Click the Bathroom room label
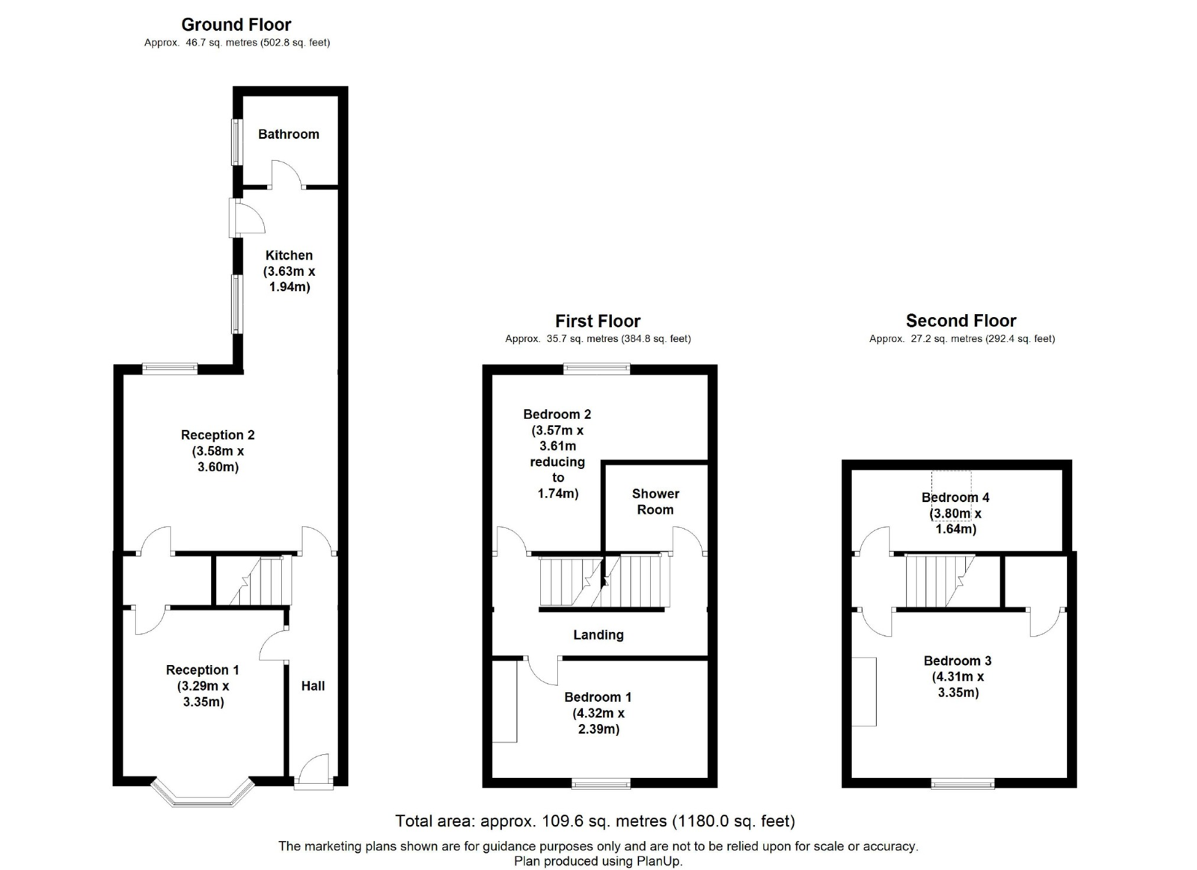tap(289, 134)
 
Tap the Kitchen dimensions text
tap(289, 279)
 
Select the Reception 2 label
tap(218, 435)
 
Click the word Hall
tap(313, 686)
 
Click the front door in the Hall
tap(313, 772)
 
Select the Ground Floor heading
tap(236, 25)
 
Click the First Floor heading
tap(598, 321)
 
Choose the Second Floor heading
tap(961, 321)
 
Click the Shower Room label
tap(655, 502)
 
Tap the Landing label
tap(598, 635)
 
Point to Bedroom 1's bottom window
tap(601, 783)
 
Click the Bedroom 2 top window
tap(597, 369)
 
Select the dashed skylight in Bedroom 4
tap(951, 495)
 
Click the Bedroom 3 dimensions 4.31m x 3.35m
tap(958, 684)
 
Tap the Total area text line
tap(595, 821)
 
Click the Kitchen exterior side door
tap(247, 218)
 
